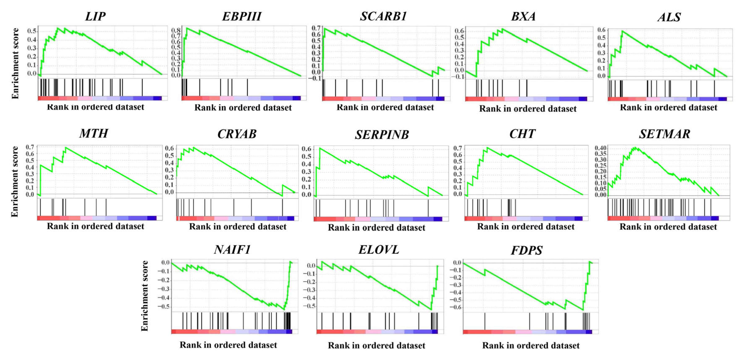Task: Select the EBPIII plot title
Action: click(x=242, y=16)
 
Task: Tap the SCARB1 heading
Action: click(x=383, y=16)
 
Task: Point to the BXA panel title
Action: click(x=523, y=17)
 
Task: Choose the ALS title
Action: click(x=669, y=17)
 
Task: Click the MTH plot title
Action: click(x=94, y=134)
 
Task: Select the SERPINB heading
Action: click(x=382, y=135)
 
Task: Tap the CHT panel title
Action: click(x=522, y=134)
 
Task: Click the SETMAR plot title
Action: click(x=665, y=134)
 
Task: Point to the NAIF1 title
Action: click(x=232, y=250)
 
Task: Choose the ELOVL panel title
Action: click(x=379, y=250)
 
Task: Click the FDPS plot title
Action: click(x=527, y=250)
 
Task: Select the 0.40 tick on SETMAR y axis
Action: click(x=600, y=148)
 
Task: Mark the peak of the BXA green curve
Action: click(x=502, y=29)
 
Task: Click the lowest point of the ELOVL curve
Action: click(x=431, y=310)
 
